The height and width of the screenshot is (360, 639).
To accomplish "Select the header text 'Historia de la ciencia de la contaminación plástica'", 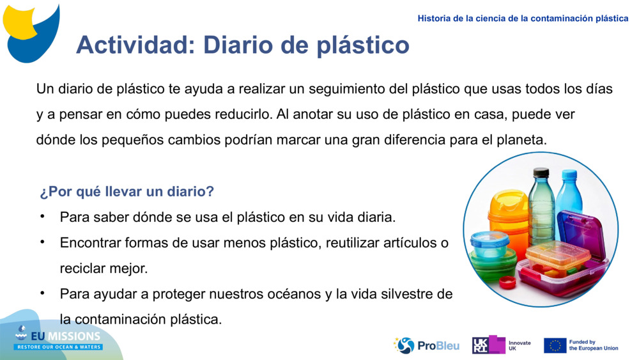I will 523,19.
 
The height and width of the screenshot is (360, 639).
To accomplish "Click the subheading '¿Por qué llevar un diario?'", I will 127,192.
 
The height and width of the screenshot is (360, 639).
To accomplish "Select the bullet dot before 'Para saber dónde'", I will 42,216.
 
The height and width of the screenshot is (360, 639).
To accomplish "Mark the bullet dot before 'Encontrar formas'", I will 42,242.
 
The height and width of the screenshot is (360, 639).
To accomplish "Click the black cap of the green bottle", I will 541,172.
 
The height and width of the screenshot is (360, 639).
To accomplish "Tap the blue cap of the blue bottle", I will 569,174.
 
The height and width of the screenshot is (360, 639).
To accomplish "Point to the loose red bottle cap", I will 507,282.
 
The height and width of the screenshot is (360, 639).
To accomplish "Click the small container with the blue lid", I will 489,244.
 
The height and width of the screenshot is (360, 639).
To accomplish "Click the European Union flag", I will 555,345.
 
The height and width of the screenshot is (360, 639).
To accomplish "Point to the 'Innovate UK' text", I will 519,345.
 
